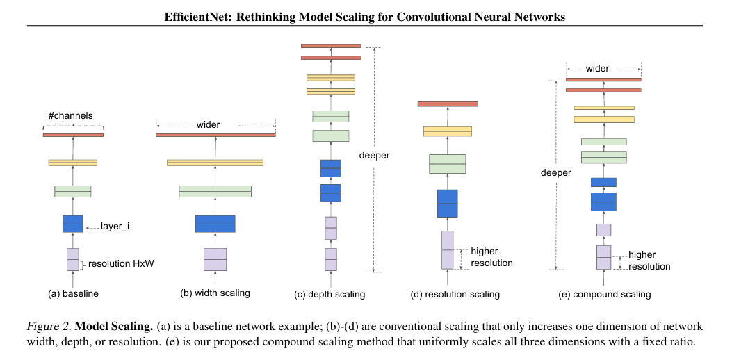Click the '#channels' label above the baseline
(x=70, y=115)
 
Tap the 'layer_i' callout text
(x=115, y=226)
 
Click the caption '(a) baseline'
(x=73, y=294)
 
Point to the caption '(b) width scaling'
(x=215, y=294)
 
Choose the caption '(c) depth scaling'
(x=330, y=295)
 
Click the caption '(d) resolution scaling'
(x=455, y=295)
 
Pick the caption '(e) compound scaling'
(x=605, y=295)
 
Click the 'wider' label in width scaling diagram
(x=208, y=125)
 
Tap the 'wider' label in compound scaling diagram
(x=597, y=69)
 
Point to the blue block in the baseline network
(x=72, y=224)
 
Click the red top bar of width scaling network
(x=215, y=135)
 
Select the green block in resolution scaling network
(x=447, y=164)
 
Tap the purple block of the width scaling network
(x=215, y=259)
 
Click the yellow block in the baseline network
(x=72, y=163)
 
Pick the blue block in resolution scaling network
(x=447, y=204)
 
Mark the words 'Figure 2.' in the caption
(x=48, y=326)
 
